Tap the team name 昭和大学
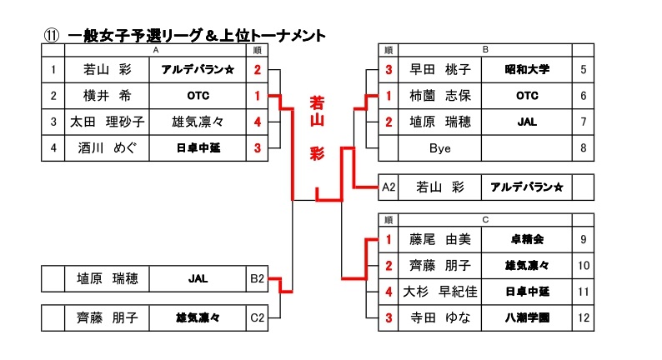tap(527, 70)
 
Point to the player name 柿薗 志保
tap(439, 96)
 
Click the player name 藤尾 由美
tap(439, 240)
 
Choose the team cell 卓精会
tap(527, 240)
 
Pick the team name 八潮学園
tap(527, 317)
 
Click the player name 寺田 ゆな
tap(439, 317)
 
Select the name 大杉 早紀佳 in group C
tap(439, 292)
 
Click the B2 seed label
tap(258, 278)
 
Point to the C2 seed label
tap(258, 317)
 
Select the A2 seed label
tap(389, 187)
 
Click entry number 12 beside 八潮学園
tap(584, 317)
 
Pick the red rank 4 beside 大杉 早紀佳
tap(389, 292)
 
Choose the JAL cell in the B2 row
tap(198, 278)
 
